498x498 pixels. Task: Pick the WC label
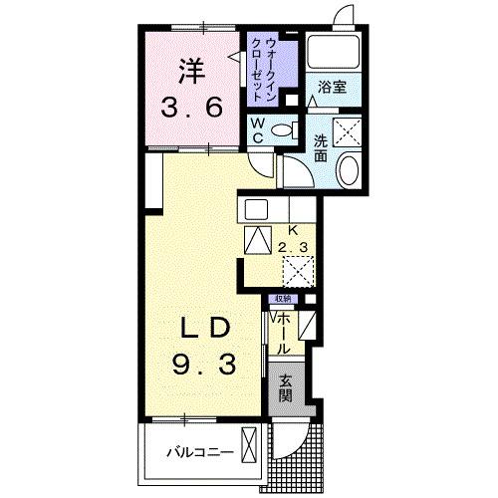tap(256, 130)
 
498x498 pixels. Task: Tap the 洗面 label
tap(321, 147)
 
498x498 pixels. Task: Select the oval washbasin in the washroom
tap(350, 171)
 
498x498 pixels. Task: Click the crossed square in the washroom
tap(350, 131)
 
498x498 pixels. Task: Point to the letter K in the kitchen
tap(293, 228)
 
